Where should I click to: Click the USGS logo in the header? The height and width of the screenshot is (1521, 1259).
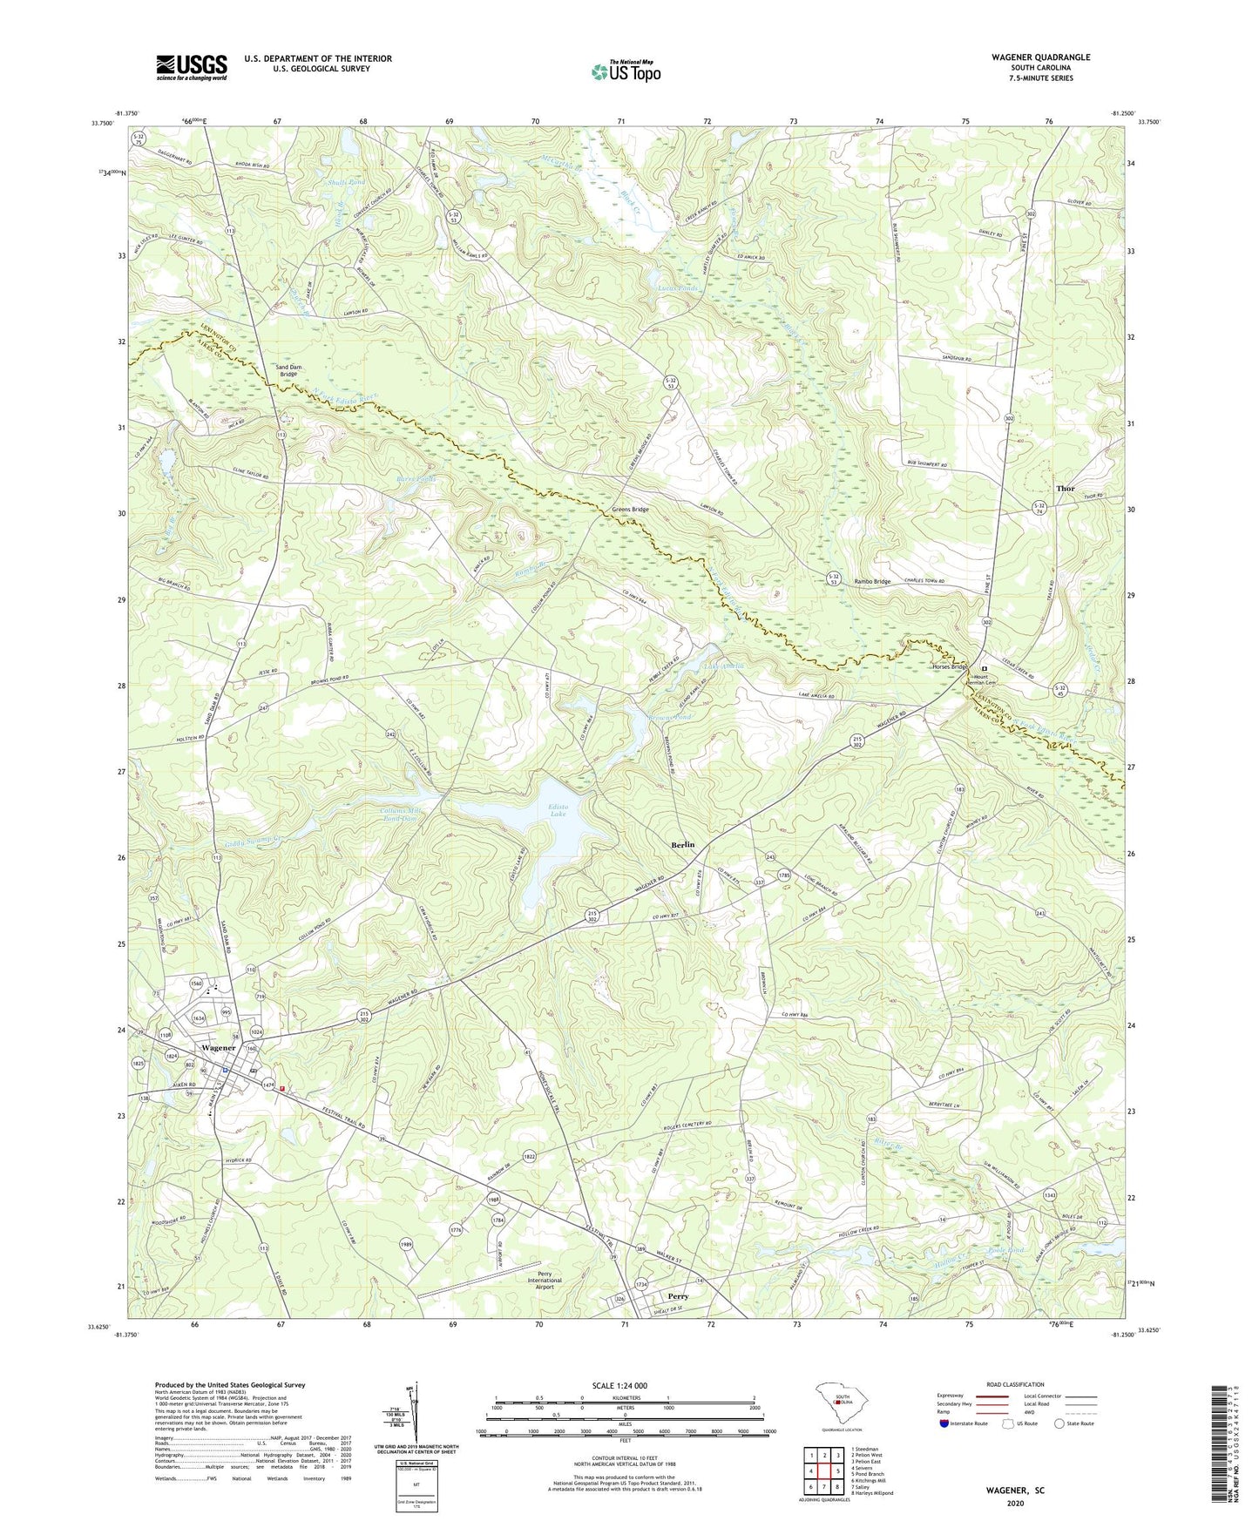coord(192,67)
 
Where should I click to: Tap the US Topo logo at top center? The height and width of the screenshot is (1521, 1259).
coord(626,71)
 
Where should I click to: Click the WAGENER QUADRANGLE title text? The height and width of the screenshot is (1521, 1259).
coord(1040,57)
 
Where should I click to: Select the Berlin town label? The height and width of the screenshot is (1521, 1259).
coord(682,845)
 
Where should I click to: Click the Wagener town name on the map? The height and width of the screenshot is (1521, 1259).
coord(218,1047)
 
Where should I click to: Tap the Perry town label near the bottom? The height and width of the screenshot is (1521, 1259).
coord(678,1296)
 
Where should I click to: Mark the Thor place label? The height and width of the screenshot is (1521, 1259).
coord(1065,489)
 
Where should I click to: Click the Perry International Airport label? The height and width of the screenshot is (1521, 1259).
coord(545,1281)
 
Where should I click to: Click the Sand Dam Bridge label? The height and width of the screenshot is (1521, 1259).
coord(295,371)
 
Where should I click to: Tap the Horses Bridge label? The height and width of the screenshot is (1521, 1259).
coord(950,666)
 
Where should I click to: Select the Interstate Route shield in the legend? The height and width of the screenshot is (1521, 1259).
coord(945,1423)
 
